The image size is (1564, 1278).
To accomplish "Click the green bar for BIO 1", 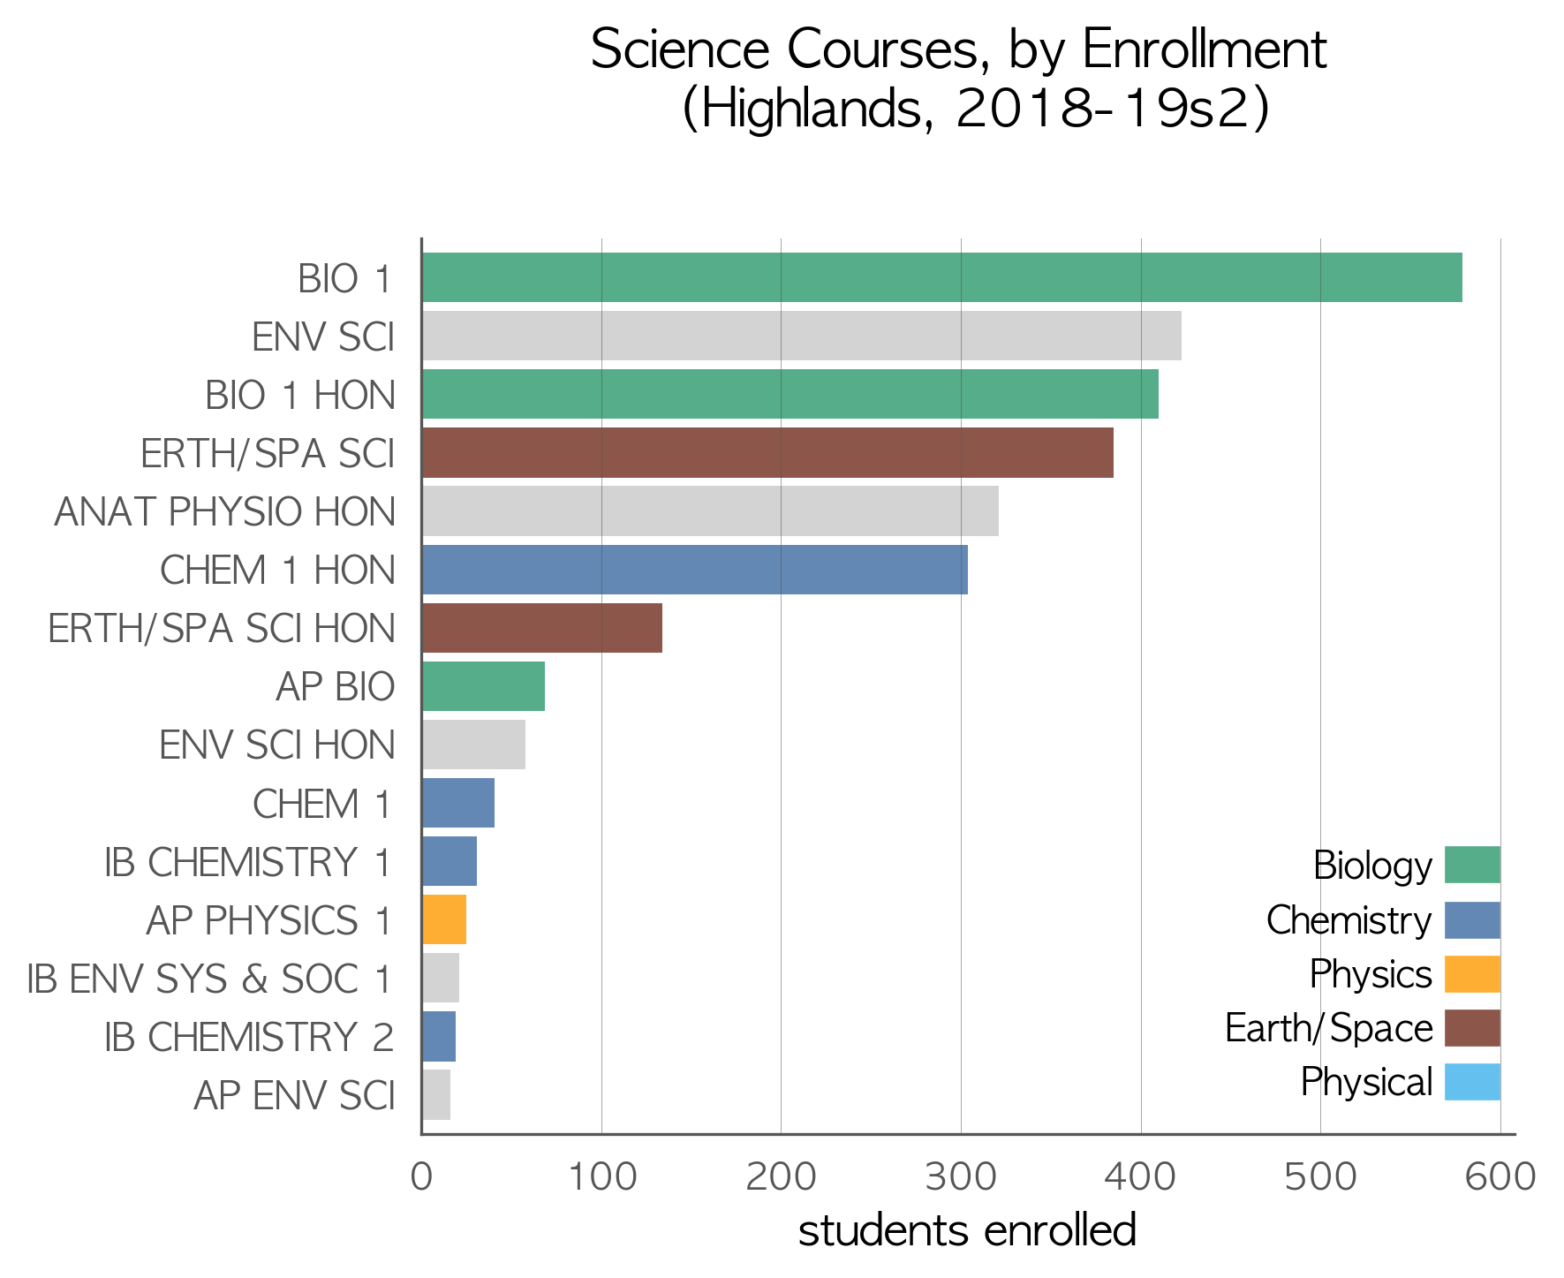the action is [x=942, y=277].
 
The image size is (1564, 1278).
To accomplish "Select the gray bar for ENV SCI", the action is [x=802, y=336].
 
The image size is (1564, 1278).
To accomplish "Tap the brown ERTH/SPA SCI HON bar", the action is [x=542, y=628].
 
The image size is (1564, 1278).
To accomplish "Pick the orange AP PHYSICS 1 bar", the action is [x=444, y=919].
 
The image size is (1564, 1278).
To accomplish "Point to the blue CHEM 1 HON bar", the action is [x=695, y=570].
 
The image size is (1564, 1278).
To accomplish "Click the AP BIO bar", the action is [x=484, y=686].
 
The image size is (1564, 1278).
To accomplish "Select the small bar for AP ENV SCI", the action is [x=436, y=1095].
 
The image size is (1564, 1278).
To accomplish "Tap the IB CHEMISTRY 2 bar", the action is [x=439, y=1037].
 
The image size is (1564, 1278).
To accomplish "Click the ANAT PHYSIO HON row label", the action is [x=225, y=512].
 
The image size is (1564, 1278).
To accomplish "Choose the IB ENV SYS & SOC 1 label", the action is [x=209, y=979].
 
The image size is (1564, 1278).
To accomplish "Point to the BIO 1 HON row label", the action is [x=300, y=396].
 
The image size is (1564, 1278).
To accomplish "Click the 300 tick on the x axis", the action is [x=961, y=1178].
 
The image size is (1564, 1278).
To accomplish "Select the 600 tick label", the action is [x=1500, y=1178].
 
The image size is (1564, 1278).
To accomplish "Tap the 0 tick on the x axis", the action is [x=421, y=1178].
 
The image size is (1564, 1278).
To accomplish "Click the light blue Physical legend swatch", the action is [x=1472, y=1082].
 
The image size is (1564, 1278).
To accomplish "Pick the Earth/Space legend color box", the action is [x=1472, y=1028].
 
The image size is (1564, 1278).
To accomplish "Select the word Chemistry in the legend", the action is [x=1349, y=920].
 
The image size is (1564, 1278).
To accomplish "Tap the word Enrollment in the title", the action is [x=1205, y=49].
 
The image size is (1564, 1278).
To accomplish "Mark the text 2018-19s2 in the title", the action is [x=1103, y=110].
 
